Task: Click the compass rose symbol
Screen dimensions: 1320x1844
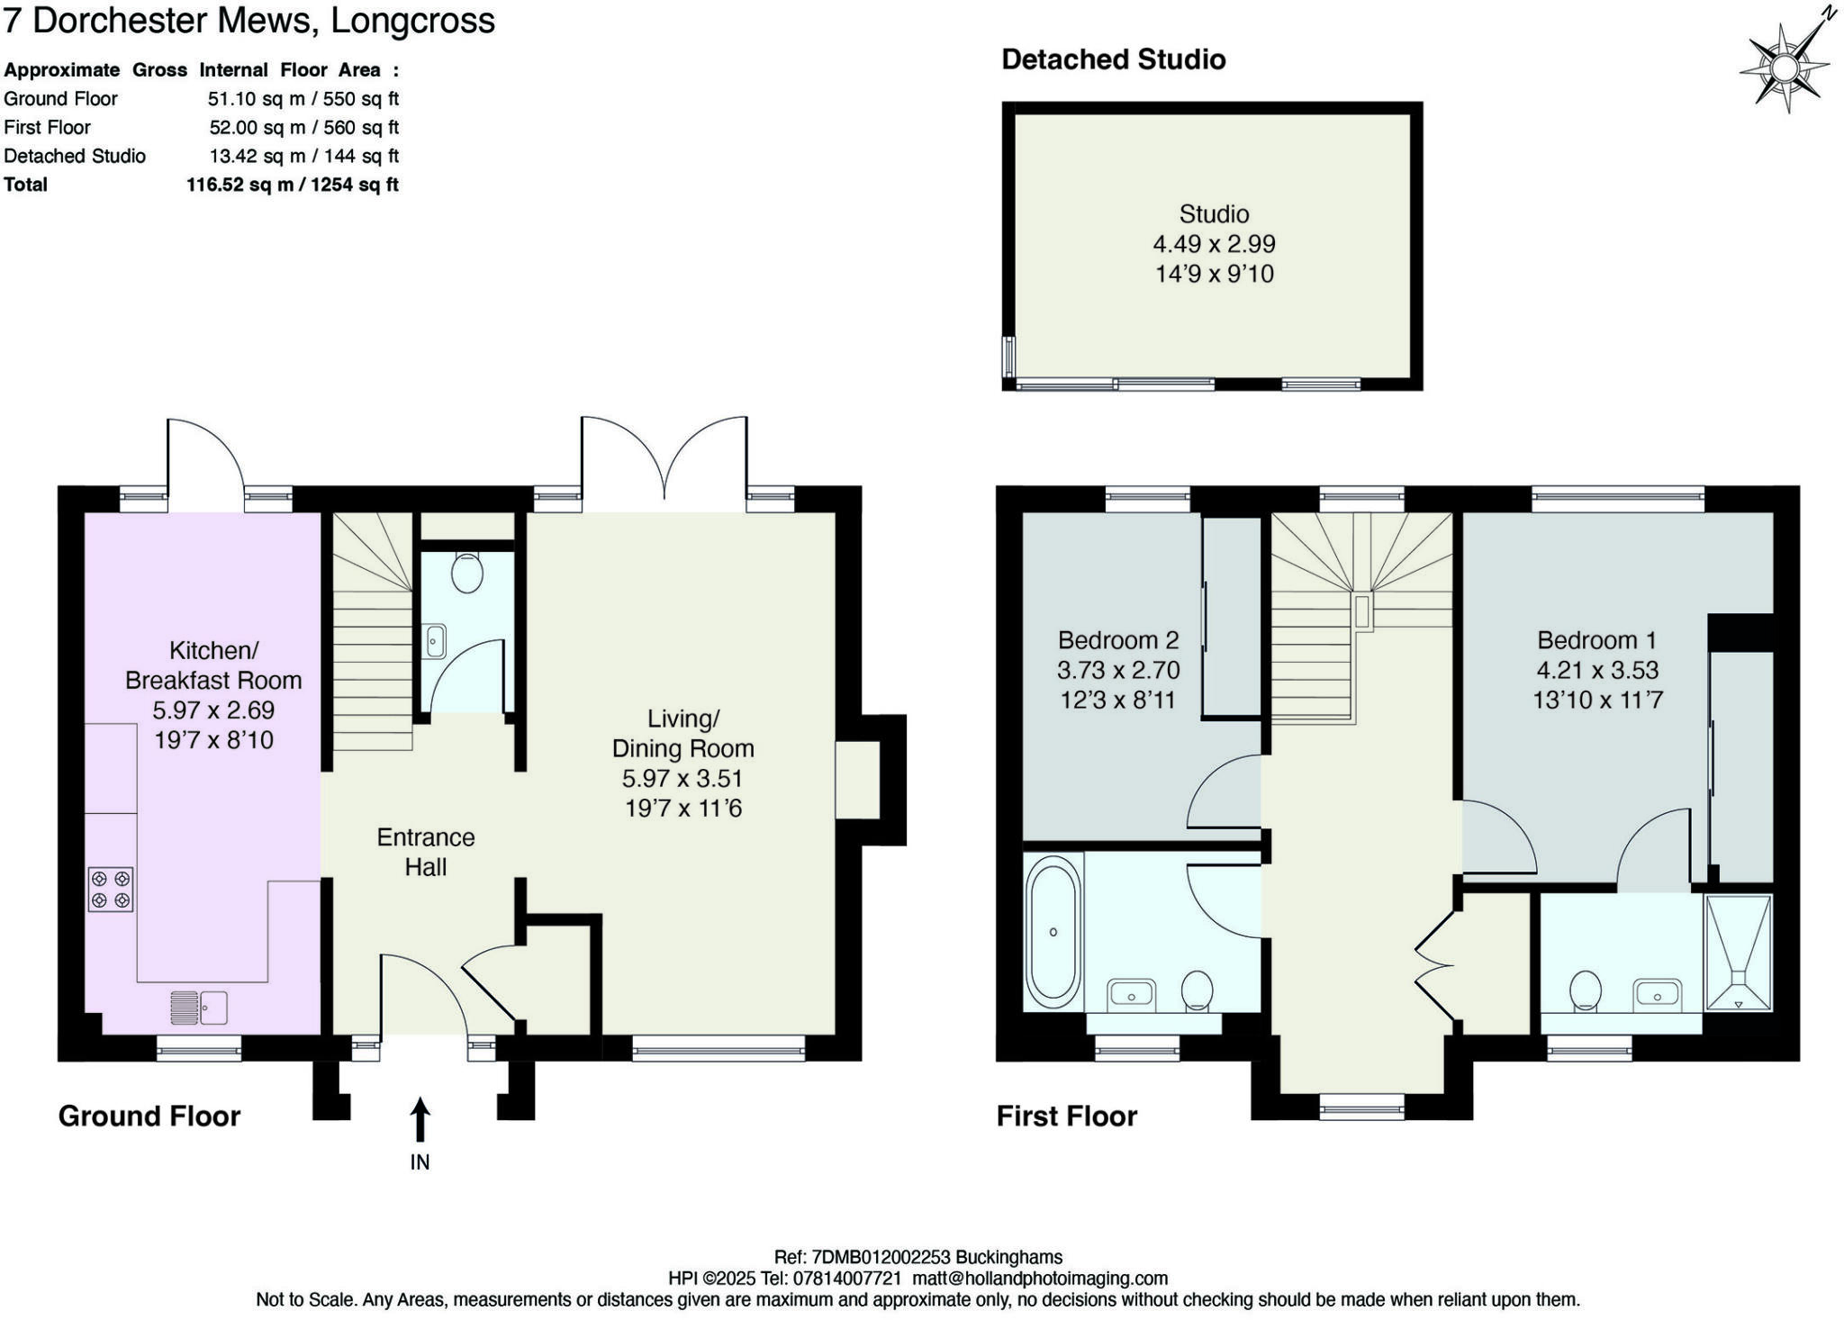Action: pyautogui.click(x=1785, y=68)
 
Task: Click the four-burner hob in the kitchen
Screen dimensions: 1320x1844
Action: pyautogui.click(x=111, y=889)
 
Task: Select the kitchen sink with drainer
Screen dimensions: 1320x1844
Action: pyautogui.click(x=199, y=1008)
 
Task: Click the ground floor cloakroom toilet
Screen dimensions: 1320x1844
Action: pyautogui.click(x=466, y=573)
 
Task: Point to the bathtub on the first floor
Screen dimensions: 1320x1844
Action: pyautogui.click(x=1053, y=932)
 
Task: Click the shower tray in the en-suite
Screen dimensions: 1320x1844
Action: pyautogui.click(x=1738, y=953)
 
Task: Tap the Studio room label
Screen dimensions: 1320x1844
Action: pyautogui.click(x=1214, y=214)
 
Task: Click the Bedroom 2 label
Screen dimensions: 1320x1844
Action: pyautogui.click(x=1117, y=640)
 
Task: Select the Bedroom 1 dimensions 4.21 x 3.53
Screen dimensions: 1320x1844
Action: pyautogui.click(x=1596, y=671)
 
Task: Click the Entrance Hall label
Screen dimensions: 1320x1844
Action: pyautogui.click(x=425, y=852)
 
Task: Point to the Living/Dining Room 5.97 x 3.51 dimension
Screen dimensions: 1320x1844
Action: pyautogui.click(x=682, y=779)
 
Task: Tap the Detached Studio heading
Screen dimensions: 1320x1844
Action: pyautogui.click(x=1113, y=59)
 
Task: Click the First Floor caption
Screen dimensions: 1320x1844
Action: pyautogui.click(x=1066, y=1117)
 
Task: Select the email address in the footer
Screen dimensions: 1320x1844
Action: pyautogui.click(x=1040, y=1279)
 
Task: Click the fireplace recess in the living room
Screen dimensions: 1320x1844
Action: pyautogui.click(x=856, y=780)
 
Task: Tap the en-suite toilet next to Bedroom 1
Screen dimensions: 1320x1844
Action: pyautogui.click(x=1585, y=990)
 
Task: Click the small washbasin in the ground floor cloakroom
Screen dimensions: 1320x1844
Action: pyautogui.click(x=435, y=642)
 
